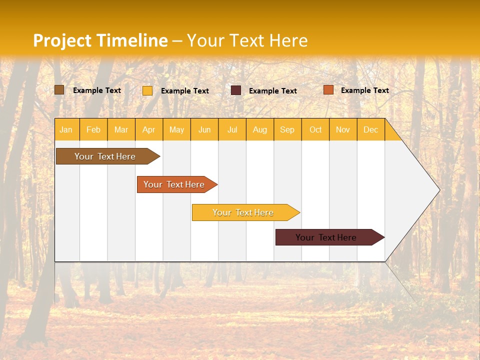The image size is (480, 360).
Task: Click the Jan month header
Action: tap(66, 129)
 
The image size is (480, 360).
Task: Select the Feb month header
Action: tap(93, 129)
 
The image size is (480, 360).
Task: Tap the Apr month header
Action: tap(149, 129)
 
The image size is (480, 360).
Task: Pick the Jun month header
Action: tap(204, 129)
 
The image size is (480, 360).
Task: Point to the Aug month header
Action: tap(260, 129)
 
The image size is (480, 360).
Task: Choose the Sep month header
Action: tap(287, 129)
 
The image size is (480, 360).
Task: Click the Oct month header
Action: tap(315, 129)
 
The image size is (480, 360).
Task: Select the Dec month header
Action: tap(371, 129)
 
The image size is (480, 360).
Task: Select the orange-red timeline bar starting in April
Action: tap(175, 184)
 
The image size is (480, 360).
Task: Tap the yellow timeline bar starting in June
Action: tap(244, 212)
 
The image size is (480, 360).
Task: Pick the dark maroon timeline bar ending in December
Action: tap(327, 237)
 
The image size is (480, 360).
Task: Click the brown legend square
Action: tap(59, 90)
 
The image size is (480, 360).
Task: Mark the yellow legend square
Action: tap(147, 90)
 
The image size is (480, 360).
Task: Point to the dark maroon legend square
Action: tap(236, 90)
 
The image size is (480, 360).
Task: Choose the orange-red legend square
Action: tap(328, 90)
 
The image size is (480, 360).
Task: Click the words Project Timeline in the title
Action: tap(100, 40)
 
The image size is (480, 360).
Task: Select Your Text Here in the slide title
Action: tap(247, 40)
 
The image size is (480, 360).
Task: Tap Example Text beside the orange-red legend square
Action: tap(365, 90)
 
